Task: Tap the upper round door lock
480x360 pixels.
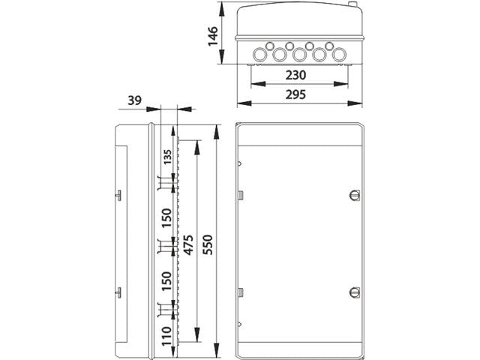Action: pyautogui.click(x=355, y=195)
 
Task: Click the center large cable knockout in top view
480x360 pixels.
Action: pyautogui.click(x=298, y=54)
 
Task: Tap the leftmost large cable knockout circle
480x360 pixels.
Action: pyautogui.click(x=262, y=54)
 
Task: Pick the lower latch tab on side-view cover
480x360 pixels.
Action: pyautogui.click(x=118, y=291)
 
